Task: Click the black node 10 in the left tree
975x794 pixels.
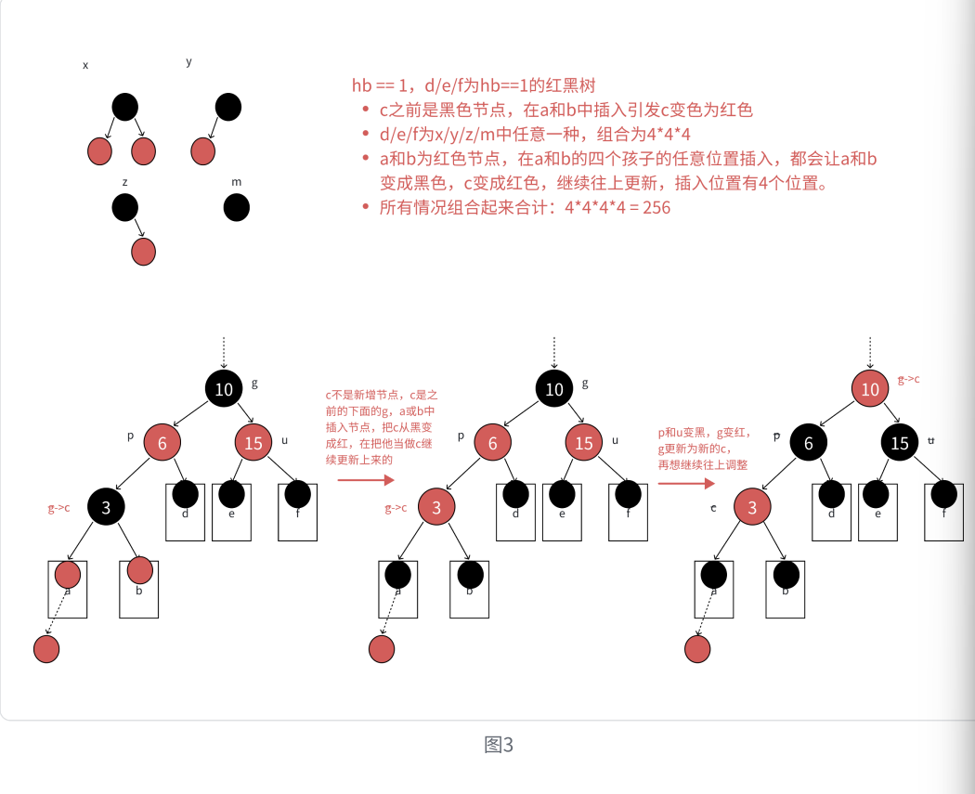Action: [224, 389]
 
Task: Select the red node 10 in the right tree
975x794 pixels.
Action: [870, 389]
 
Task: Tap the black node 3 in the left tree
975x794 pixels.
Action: [106, 507]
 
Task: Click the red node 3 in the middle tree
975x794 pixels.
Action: [435, 507]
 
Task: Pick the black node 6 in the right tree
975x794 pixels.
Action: [809, 443]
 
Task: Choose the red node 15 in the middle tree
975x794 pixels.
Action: [583, 443]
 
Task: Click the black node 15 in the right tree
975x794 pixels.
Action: [900, 443]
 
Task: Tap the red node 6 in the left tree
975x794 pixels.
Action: [162, 443]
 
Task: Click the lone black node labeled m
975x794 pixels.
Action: [237, 208]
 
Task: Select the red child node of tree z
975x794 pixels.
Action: [143, 252]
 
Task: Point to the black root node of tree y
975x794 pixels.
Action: [228, 107]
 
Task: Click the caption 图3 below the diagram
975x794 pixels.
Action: [499, 745]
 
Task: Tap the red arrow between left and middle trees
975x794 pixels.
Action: [366, 480]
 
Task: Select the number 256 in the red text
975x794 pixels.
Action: [656, 207]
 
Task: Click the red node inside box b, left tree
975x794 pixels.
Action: [139, 569]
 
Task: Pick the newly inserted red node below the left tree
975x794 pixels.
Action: [46, 649]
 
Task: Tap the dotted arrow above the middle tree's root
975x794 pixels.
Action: [554, 353]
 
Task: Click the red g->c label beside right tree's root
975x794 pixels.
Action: [909, 380]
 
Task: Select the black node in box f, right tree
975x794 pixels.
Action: [943, 494]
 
